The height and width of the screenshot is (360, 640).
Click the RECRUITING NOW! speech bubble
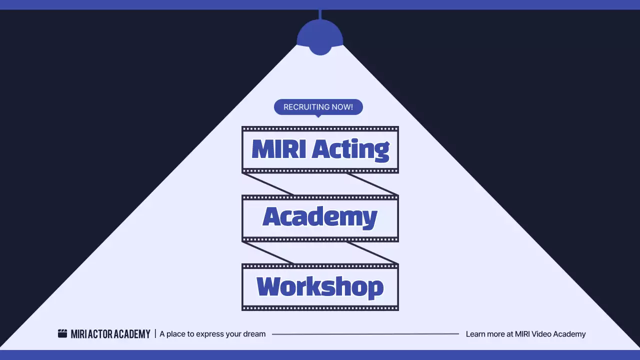coord(318,106)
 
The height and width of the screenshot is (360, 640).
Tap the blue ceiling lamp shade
coord(320,34)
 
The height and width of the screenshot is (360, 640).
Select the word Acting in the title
coord(350,149)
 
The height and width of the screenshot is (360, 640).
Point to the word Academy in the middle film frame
coord(320,217)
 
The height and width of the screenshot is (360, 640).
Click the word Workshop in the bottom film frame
coord(320,287)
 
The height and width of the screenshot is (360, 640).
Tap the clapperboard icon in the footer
coord(62,333)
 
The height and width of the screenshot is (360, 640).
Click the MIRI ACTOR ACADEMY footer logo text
coord(110,334)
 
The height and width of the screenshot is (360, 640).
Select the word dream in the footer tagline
coord(254,334)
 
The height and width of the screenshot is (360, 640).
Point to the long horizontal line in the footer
coord(365,334)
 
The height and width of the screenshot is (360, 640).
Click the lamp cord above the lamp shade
coord(320,14)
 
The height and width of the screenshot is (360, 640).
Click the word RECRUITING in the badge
coord(305,107)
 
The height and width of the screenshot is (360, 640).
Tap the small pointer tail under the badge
coord(318,116)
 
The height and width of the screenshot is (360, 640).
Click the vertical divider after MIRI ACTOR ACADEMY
coord(155,333)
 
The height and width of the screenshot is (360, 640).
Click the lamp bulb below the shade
coord(320,50)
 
